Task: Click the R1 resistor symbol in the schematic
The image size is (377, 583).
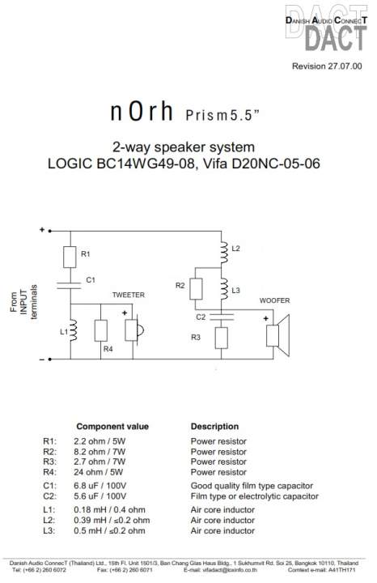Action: click(x=70, y=257)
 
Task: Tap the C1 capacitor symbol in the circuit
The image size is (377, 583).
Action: click(x=69, y=286)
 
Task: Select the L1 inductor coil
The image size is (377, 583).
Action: click(x=73, y=330)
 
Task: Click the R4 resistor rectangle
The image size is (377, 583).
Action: click(x=100, y=330)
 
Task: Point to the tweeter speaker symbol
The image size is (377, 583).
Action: click(x=134, y=330)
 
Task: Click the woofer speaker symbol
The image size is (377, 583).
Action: click(x=278, y=335)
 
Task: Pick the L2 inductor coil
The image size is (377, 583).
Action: click(x=223, y=253)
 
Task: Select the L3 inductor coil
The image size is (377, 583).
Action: click(x=223, y=289)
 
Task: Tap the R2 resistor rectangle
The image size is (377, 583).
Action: click(x=196, y=289)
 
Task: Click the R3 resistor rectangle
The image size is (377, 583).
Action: click(x=222, y=338)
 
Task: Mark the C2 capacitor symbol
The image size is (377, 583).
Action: click(x=222, y=317)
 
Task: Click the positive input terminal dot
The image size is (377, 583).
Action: click(x=50, y=232)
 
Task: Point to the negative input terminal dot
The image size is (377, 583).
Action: click(x=50, y=360)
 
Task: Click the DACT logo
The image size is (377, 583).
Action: click(x=327, y=28)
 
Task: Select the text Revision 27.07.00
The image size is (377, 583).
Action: click(x=327, y=66)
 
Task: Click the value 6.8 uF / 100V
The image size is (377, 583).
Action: click(x=100, y=486)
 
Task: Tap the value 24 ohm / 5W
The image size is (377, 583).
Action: click(x=99, y=472)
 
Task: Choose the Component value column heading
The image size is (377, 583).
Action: click(x=112, y=427)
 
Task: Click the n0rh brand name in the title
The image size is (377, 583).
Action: click(x=142, y=111)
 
